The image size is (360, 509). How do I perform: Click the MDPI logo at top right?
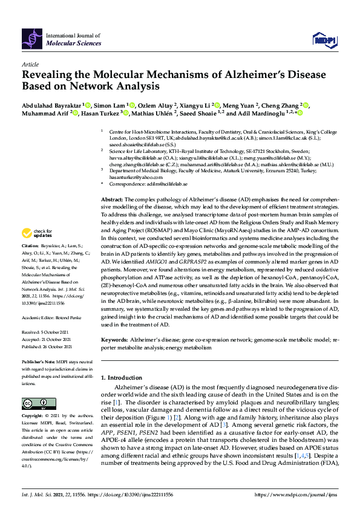point(324,40)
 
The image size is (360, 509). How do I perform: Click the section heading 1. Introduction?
point(125,377)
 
